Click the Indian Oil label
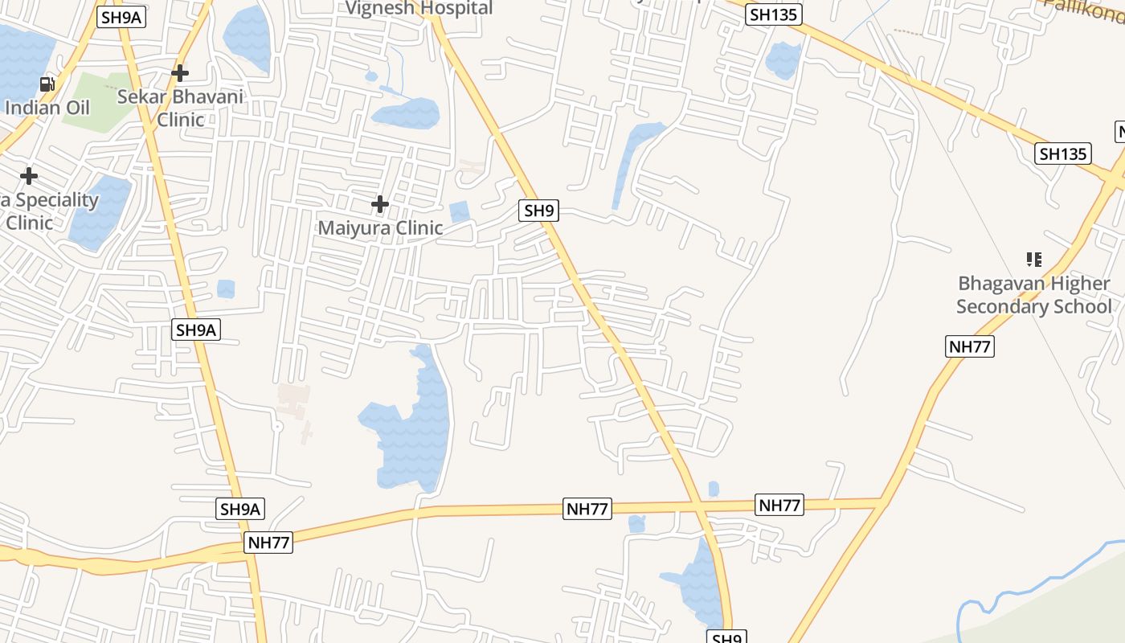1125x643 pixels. click(47, 107)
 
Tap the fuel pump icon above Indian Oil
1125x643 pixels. click(47, 84)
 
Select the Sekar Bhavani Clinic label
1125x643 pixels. click(180, 108)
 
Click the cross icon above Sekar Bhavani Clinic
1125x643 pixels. click(180, 73)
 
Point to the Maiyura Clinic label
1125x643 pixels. click(380, 227)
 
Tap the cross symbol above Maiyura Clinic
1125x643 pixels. click(380, 204)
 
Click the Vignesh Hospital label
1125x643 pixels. click(419, 9)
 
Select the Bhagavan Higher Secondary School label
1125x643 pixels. click(1034, 295)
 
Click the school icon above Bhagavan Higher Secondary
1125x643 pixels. click(1034, 260)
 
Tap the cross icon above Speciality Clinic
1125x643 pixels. click(29, 175)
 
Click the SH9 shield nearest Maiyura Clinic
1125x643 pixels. click(538, 211)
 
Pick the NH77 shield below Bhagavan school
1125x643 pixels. click(970, 346)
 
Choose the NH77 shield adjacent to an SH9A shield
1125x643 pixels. click(268, 542)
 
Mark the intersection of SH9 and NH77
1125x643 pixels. click(697, 506)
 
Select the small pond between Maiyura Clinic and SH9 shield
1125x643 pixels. click(459, 211)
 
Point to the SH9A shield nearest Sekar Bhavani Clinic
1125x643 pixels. click(121, 17)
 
